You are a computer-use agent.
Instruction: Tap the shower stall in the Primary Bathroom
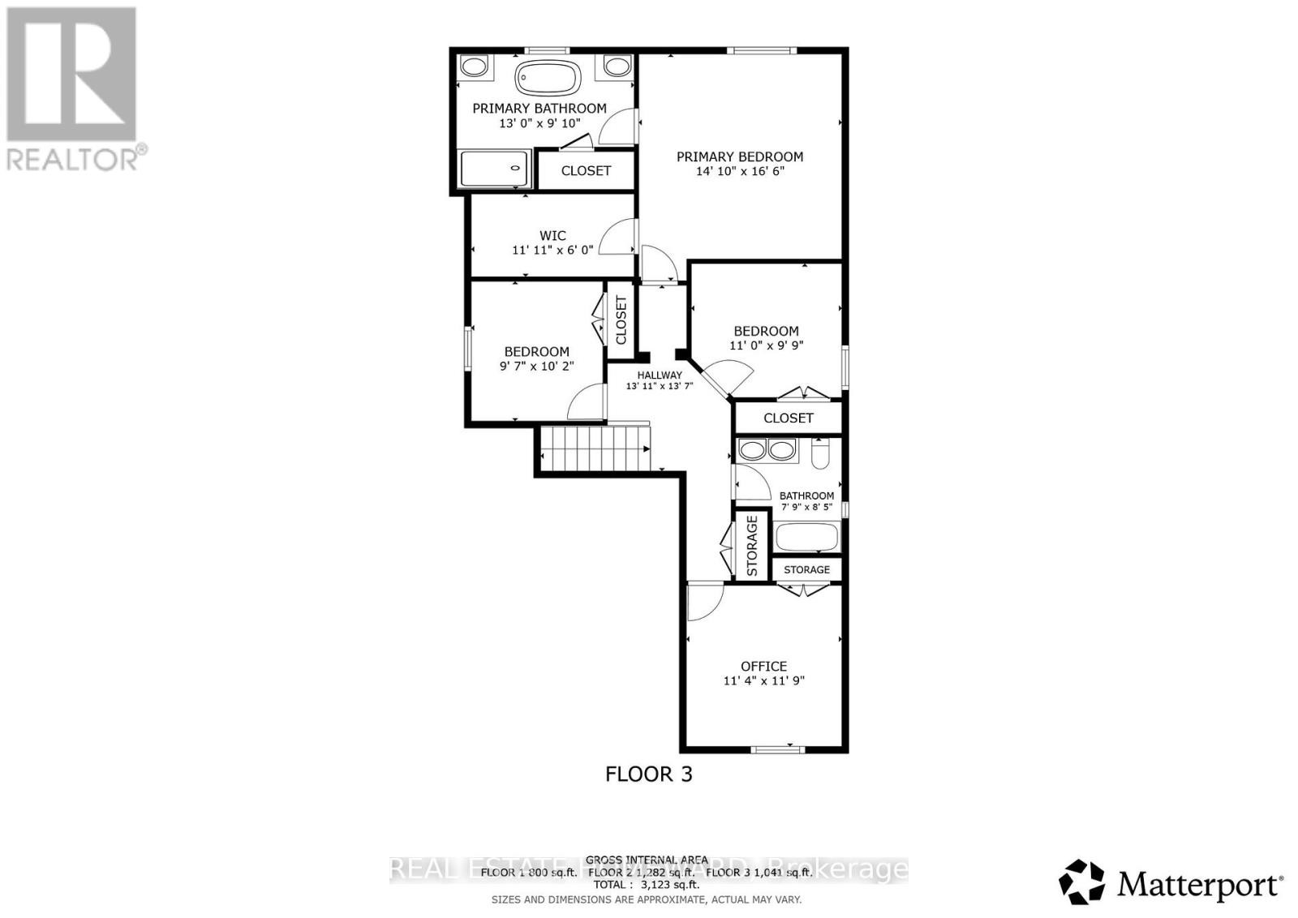click(495, 169)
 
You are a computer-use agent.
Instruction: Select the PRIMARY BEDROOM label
click(740, 157)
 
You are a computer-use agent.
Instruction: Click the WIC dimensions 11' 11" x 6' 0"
click(552, 251)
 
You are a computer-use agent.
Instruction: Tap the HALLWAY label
click(659, 375)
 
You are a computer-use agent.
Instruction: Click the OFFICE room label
click(763, 666)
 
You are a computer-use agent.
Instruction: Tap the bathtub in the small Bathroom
click(806, 538)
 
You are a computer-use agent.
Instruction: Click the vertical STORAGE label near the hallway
click(752, 546)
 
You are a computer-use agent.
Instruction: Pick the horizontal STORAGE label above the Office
click(806, 569)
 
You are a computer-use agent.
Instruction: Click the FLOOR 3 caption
click(649, 774)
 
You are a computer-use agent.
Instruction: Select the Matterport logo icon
click(1081, 882)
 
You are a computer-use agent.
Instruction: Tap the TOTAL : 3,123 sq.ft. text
click(647, 886)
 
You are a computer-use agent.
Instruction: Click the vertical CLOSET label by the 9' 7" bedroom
click(621, 320)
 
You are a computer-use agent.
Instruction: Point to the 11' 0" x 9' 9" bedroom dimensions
click(766, 345)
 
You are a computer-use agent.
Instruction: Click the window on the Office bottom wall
click(777, 749)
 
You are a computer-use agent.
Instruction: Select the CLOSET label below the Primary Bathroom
click(586, 170)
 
